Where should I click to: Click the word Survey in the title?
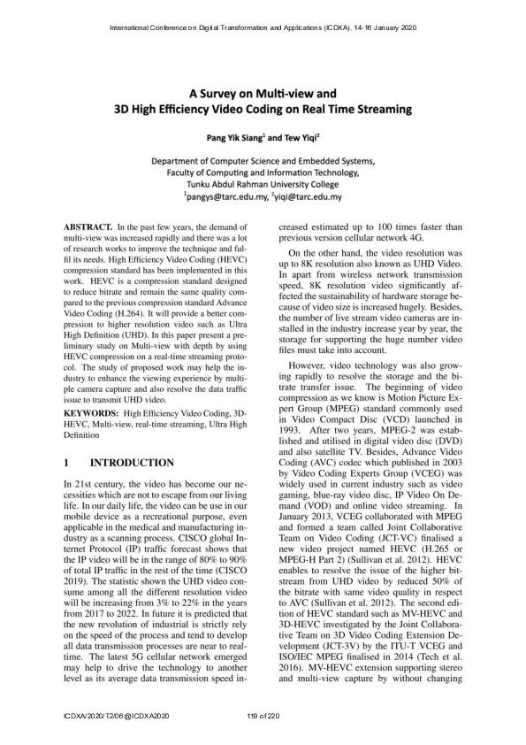pos(233,92)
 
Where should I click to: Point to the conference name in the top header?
pos(263,28)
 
